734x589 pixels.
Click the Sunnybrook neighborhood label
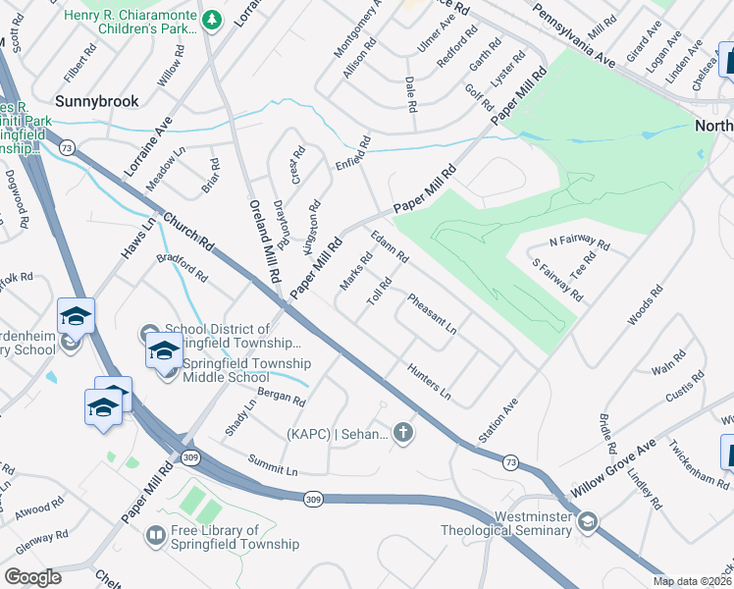click(96, 100)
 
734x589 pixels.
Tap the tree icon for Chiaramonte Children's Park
click(211, 20)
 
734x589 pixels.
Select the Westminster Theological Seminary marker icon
click(587, 520)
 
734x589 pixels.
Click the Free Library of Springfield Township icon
click(155, 535)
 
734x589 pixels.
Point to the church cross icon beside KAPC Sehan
click(402, 433)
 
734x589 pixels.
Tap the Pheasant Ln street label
click(432, 313)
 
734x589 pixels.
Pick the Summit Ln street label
click(273, 464)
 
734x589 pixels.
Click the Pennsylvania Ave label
click(574, 34)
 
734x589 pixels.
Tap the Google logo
click(32, 577)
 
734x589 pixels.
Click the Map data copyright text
click(692, 581)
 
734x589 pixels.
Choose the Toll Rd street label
click(380, 292)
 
